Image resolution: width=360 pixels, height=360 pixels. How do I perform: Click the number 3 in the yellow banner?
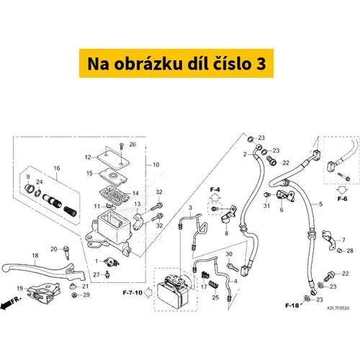tap(261, 64)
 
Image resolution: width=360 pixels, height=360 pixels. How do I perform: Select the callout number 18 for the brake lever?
tap(35, 256)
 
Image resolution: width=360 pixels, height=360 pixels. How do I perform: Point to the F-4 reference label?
tap(215, 189)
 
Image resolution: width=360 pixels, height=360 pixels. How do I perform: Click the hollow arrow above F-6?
tap(342, 190)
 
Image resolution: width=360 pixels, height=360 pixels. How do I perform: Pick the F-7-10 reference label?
tap(132, 292)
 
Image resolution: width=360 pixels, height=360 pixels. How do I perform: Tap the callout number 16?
tap(57, 168)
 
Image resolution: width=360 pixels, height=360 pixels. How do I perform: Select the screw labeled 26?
tap(121, 146)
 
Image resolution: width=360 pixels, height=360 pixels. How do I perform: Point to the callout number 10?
tap(156, 165)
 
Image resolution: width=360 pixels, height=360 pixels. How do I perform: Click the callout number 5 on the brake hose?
tap(321, 204)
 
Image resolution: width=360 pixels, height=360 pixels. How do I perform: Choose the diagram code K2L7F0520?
tap(338, 308)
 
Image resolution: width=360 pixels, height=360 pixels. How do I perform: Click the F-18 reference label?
tap(292, 305)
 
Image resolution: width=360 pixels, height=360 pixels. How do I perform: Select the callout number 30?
tap(229, 254)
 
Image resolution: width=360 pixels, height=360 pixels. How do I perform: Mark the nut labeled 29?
tap(74, 294)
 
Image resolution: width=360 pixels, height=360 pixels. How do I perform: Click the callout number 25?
tap(215, 297)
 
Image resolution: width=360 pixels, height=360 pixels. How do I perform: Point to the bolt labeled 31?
tap(267, 195)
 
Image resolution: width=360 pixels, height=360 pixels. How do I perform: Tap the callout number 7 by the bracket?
tap(343, 240)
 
